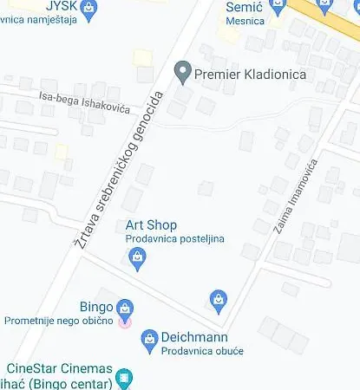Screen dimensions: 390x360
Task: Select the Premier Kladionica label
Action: coord(252,75)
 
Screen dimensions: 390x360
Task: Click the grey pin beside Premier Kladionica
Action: coord(183,70)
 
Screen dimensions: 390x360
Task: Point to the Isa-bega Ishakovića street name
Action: coord(84,101)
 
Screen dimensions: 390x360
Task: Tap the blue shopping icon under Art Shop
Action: coord(137,257)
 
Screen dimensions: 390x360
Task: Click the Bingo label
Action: coord(95,307)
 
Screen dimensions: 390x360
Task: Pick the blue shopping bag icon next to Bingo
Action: coord(126,308)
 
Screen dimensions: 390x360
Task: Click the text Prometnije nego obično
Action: coord(58,322)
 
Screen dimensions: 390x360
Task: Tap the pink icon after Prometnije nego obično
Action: coord(126,322)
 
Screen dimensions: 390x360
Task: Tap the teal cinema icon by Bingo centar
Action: coord(126,379)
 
